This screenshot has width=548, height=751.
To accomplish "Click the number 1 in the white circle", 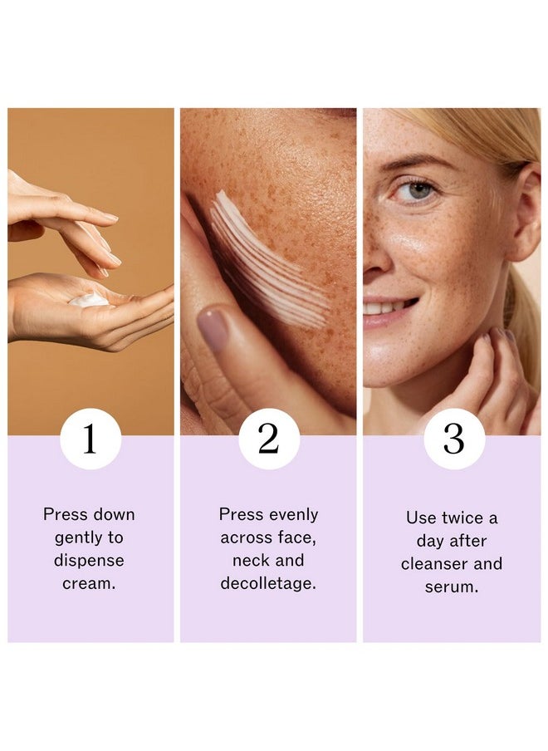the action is point(90,439).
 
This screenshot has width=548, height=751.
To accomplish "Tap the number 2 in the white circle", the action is point(268,439).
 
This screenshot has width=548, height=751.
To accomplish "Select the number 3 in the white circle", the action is point(453,439).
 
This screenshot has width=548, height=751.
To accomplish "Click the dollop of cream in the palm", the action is point(89,300).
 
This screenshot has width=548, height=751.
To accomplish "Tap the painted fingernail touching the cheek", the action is point(213,329).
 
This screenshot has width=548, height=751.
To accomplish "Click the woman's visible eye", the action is point(416,191).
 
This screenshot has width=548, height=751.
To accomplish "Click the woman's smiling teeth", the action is point(384,307).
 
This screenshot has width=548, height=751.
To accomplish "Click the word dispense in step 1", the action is point(89,561).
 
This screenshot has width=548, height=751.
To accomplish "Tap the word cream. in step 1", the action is point(89,583).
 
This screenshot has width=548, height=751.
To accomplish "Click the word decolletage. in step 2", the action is point(268,583).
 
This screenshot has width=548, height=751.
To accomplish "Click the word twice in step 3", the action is point(462,518).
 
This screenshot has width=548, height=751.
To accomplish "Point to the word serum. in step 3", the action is point(452,587).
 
